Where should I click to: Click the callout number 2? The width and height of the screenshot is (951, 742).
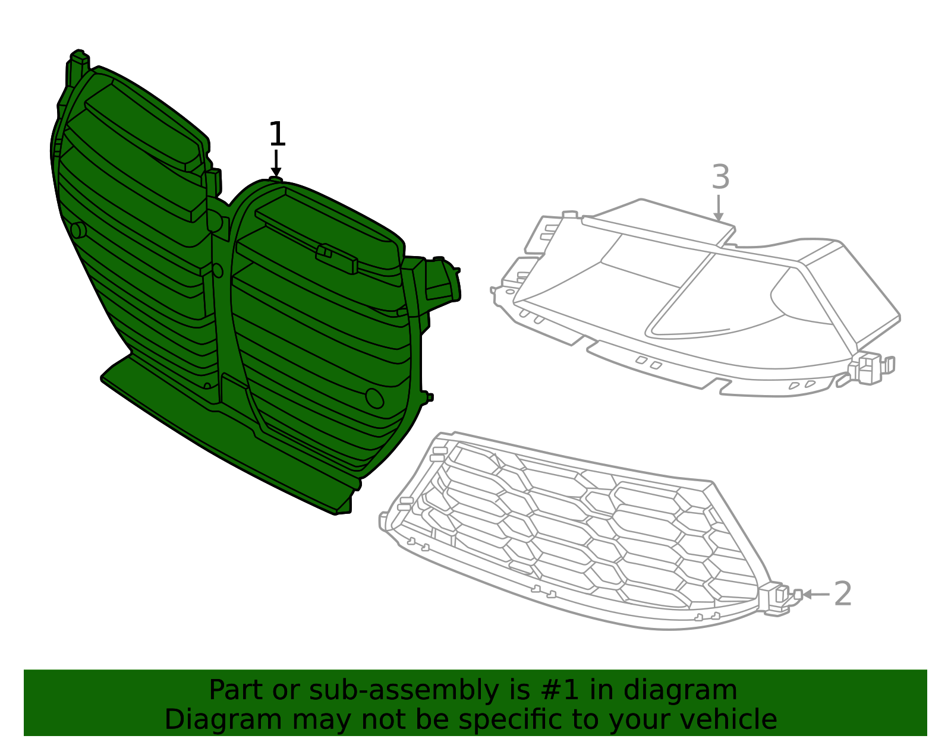[842, 593]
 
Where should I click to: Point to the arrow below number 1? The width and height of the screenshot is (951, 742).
[276, 163]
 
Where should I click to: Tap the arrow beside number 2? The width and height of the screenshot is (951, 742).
[816, 594]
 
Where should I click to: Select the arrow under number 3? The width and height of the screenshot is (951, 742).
[718, 208]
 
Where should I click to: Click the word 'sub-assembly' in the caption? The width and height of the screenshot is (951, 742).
[404, 690]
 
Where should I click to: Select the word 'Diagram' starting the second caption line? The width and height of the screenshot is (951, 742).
[223, 720]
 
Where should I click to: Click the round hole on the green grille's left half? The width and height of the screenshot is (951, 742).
[78, 230]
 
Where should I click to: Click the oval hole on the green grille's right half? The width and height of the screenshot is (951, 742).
[374, 398]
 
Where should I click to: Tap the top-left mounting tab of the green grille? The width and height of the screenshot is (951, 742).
[77, 65]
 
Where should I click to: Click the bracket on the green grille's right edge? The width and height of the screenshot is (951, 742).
[442, 280]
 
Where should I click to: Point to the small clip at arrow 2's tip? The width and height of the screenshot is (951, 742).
[798, 594]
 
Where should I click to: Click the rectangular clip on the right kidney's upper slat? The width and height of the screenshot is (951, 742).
[336, 258]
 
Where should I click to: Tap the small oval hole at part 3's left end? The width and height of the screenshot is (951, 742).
[511, 291]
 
